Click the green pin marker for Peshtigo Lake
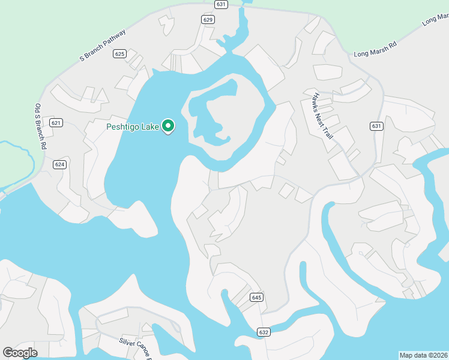pyautogui.click(x=169, y=126)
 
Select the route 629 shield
pyautogui.click(x=208, y=20)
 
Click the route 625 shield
pyautogui.click(x=119, y=54)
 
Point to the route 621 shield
pyautogui.click(x=56, y=123)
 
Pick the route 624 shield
pyautogui.click(x=59, y=164)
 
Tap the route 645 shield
pyautogui.click(x=256, y=298)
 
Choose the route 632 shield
pyautogui.click(x=264, y=332)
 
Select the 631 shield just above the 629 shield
pyautogui.click(x=221, y=4)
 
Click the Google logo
pyautogui.click(x=20, y=353)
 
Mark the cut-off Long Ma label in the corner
pyautogui.click(x=436, y=19)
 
